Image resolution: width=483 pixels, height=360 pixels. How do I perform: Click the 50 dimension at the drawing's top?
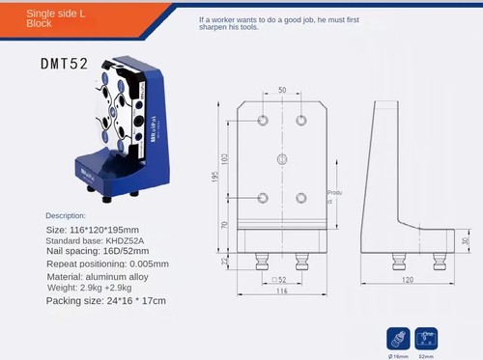(x=282, y=91)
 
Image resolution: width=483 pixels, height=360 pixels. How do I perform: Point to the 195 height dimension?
(x=218, y=179)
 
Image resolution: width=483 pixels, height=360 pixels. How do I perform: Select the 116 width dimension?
(x=281, y=291)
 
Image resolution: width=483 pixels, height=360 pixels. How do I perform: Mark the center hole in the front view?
(x=282, y=157)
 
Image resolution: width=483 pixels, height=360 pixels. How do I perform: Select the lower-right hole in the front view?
(x=301, y=198)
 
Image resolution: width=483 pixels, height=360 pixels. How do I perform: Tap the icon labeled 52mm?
(x=425, y=339)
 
